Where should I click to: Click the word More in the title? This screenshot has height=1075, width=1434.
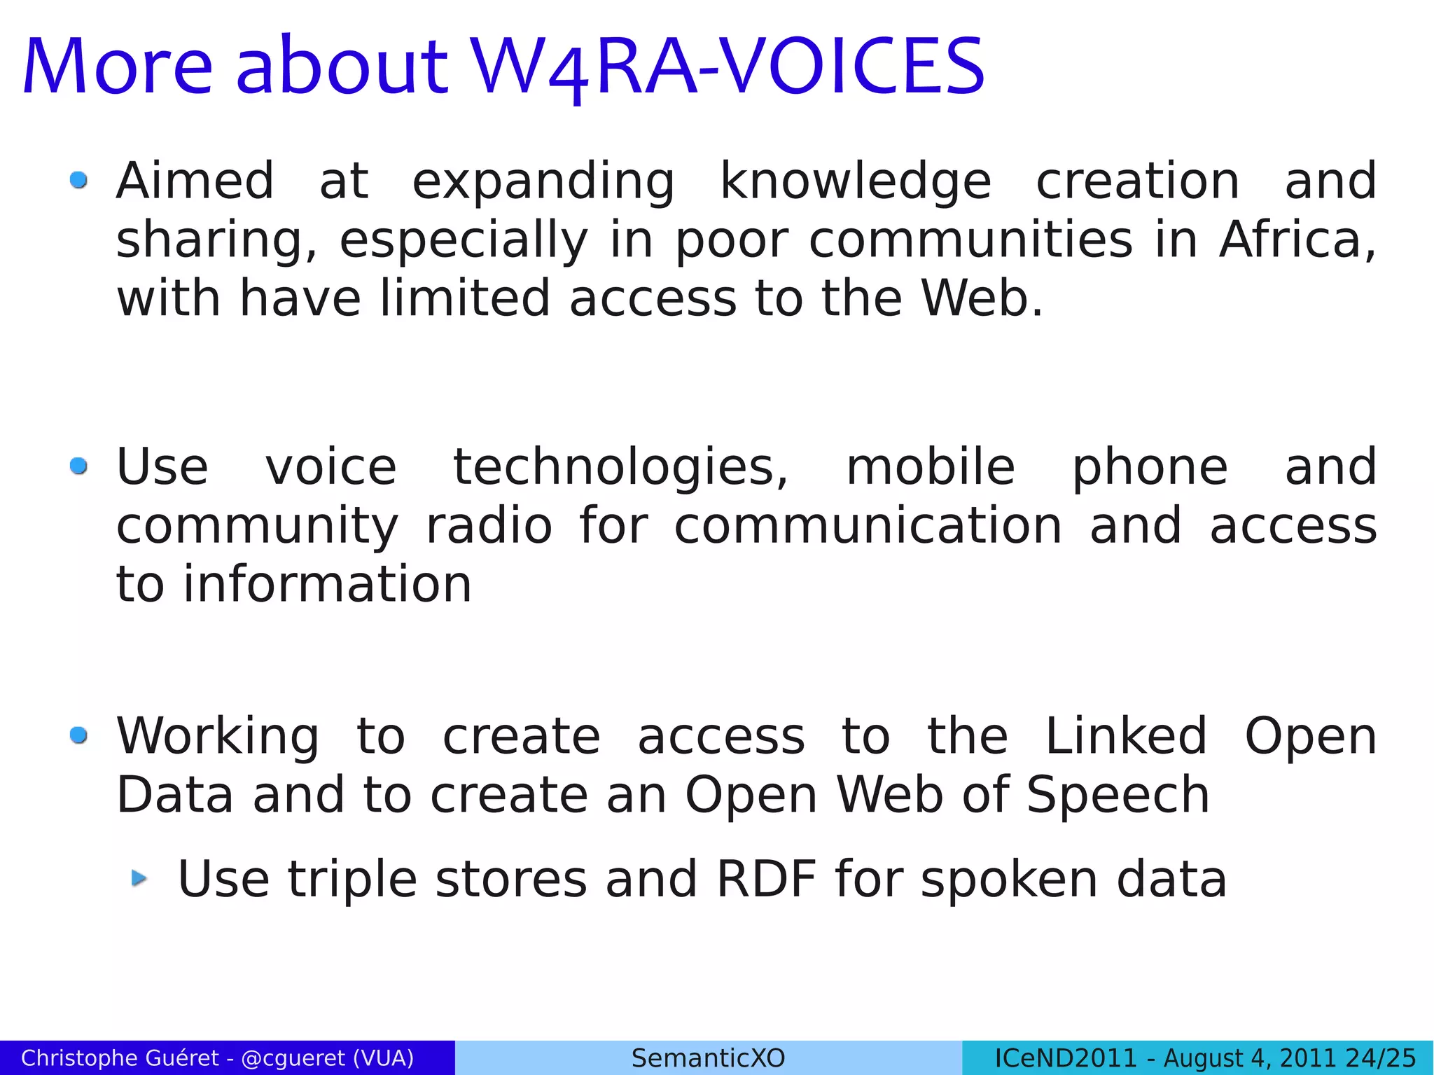pyautogui.click(x=118, y=67)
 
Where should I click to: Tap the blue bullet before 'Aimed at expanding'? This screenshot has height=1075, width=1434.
pyautogui.click(x=78, y=181)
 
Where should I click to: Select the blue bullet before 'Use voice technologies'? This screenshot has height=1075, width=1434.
pyautogui.click(x=78, y=466)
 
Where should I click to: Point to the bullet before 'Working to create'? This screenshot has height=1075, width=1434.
pyautogui.click(x=78, y=735)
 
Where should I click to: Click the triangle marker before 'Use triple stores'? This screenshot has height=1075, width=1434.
pyautogui.click(x=140, y=878)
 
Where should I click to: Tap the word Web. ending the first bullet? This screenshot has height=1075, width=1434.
pyautogui.click(x=982, y=298)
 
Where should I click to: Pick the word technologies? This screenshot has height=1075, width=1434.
pyautogui.click(x=620, y=467)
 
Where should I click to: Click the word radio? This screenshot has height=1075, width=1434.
pyautogui.click(x=489, y=526)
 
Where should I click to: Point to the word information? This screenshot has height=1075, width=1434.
pyautogui.click(x=328, y=585)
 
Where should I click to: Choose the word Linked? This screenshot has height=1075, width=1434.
pyautogui.click(x=1126, y=736)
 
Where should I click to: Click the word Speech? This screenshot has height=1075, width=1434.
pyautogui.click(x=1118, y=795)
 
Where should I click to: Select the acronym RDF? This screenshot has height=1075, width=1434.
pyautogui.click(x=767, y=879)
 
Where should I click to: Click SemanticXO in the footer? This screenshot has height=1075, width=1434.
pyautogui.click(x=708, y=1058)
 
